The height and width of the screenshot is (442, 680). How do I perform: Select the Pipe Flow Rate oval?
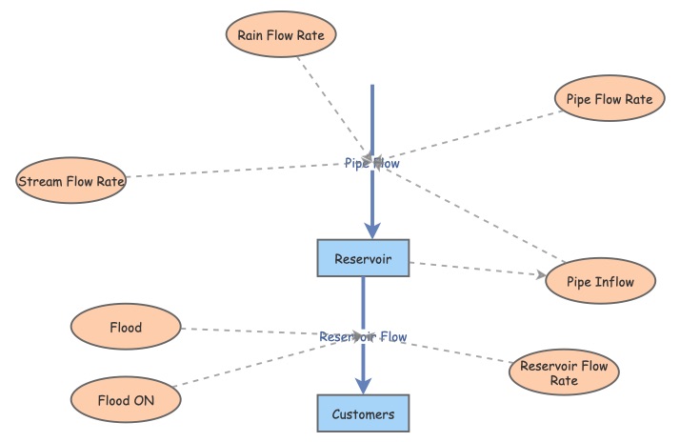coord(609,99)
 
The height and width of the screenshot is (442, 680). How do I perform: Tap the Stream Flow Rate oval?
coord(71,181)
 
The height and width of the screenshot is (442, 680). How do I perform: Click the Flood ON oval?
coord(126,400)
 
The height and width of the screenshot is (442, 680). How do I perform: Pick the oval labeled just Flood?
coord(126,328)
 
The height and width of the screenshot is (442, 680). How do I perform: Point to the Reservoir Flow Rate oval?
coord(565,373)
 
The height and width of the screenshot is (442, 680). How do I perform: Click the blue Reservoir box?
coord(362,258)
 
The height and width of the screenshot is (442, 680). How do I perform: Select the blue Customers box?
coord(362,414)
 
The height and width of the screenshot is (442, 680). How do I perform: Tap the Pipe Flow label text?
coord(371,164)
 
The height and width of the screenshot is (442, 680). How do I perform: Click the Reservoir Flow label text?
coord(363,337)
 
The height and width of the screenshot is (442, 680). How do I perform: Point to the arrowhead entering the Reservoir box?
coord(371,230)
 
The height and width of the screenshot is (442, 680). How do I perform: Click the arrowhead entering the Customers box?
coord(362,385)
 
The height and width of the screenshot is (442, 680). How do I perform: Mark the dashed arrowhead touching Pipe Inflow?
coord(542,275)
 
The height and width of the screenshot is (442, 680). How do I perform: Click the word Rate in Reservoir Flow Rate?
coord(565,382)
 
